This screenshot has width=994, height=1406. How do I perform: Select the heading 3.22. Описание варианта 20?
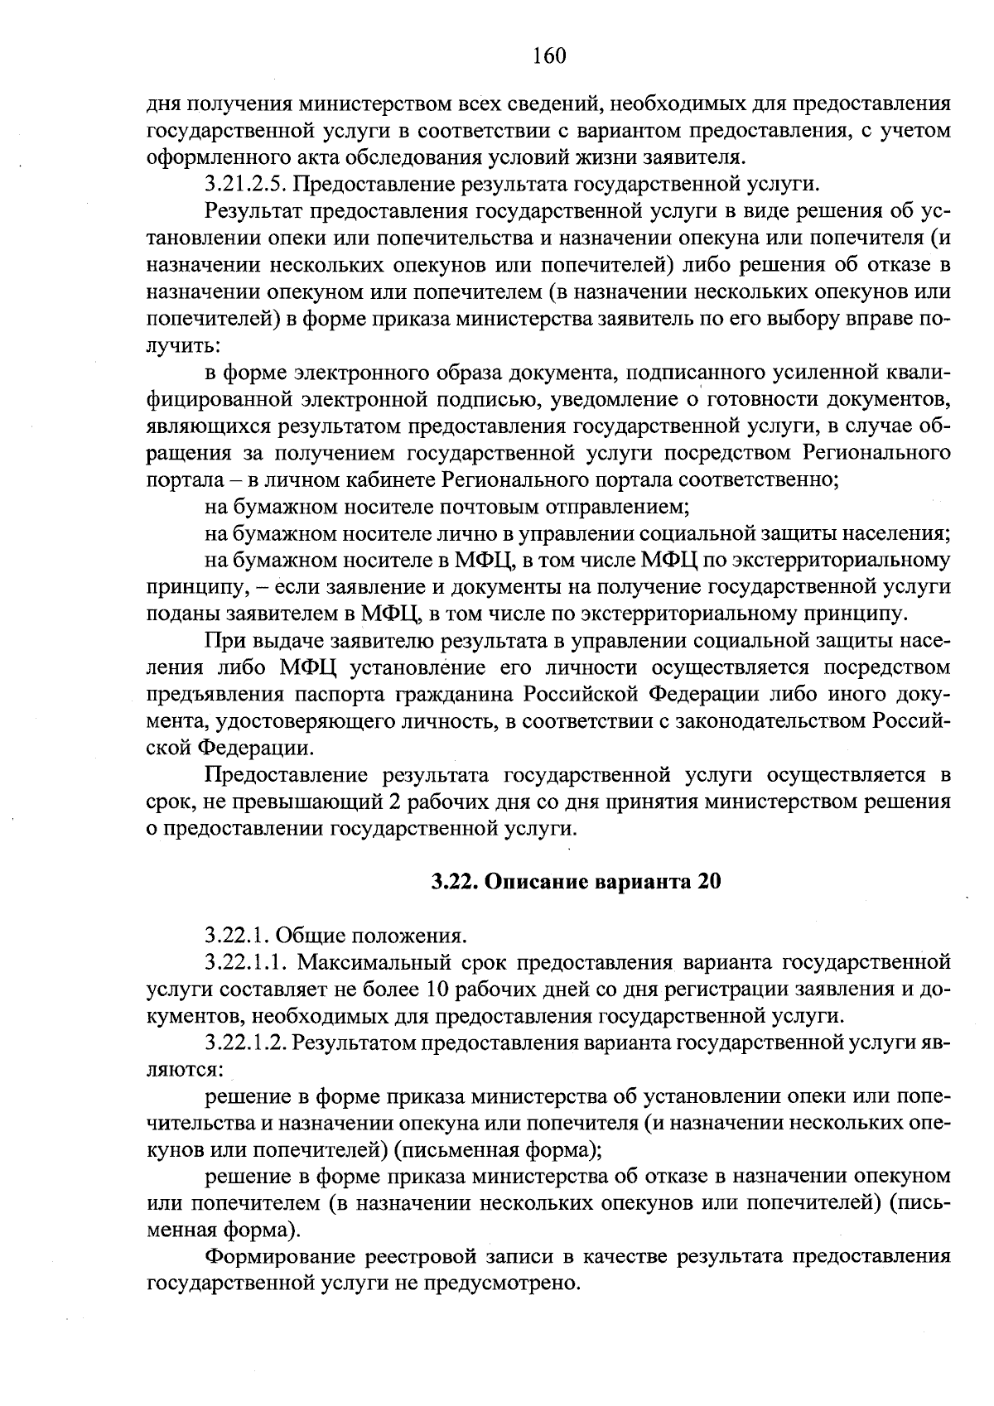point(577,882)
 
